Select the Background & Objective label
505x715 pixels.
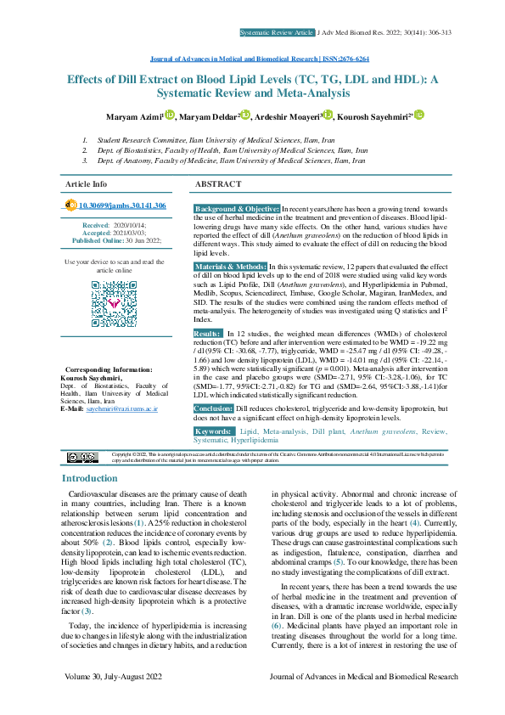238,208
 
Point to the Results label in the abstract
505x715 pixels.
209,335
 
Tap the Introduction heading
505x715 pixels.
91,479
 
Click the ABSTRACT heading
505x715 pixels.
218,183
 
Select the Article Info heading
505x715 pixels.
87,183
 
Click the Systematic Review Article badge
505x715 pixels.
276,31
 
